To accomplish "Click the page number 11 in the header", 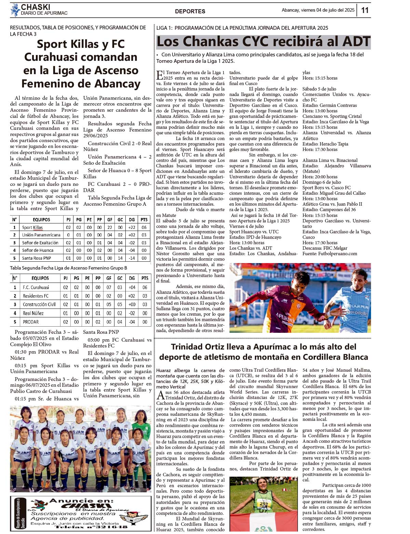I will click(x=365, y=10).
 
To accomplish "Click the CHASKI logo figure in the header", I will click(x=15, y=10).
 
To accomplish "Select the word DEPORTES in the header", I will click(x=190, y=11).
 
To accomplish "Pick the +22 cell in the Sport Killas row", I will click(x=132, y=227).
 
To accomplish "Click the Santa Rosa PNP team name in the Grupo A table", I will click(x=37, y=258).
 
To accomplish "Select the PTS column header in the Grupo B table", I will click(x=145, y=278).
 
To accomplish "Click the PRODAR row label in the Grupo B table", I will click(x=31, y=322).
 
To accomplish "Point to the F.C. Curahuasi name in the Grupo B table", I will click(x=36, y=287).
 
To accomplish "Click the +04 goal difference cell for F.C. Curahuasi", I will click(x=132, y=287).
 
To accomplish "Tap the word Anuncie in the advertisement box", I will click(x=67, y=501).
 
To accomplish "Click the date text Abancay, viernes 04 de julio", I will click(x=318, y=10).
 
